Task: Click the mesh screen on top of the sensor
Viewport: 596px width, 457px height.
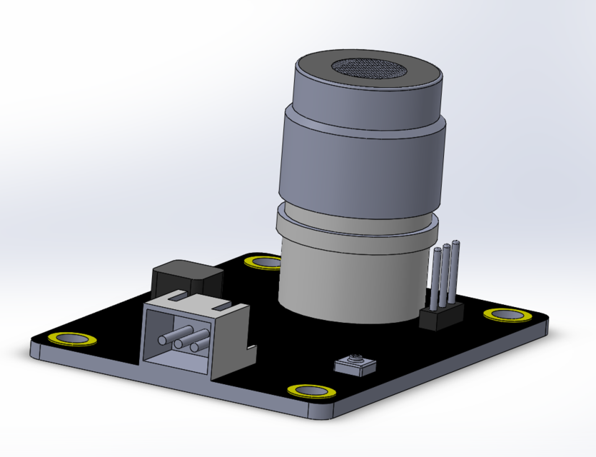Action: pos(368,69)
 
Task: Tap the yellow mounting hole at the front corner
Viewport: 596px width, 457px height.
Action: pos(312,390)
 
